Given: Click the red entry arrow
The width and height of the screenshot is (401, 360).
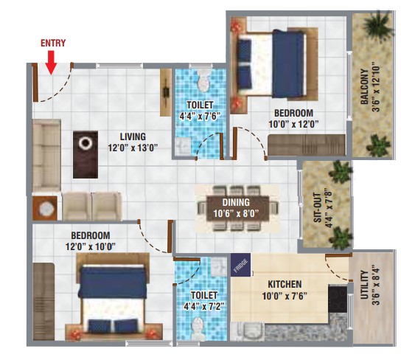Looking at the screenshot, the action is [52, 63].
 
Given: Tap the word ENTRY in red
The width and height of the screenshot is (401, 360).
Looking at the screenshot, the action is [53, 43].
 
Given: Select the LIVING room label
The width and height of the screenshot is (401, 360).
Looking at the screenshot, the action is [133, 136].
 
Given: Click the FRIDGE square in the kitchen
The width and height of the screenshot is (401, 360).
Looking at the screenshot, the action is [240, 265].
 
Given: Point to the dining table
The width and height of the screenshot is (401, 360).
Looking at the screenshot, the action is [237, 209].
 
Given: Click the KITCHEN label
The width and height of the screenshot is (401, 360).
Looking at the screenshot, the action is [285, 284].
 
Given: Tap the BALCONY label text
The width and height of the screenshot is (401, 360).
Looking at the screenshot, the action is [364, 87].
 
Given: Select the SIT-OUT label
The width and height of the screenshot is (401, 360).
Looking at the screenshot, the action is [317, 207].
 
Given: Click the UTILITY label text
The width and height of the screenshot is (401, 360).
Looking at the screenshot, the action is [364, 285].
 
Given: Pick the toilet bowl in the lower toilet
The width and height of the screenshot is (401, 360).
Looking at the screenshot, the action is [198, 329].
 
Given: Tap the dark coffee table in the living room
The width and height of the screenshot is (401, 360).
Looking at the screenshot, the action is [86, 155].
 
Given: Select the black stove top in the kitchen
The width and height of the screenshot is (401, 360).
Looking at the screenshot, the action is [338, 299].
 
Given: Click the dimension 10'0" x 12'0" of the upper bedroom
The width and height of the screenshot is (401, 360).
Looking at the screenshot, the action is [293, 125].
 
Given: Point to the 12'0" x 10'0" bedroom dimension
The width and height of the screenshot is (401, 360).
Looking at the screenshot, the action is [91, 247].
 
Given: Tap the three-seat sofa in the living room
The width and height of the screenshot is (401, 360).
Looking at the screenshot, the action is [46, 156].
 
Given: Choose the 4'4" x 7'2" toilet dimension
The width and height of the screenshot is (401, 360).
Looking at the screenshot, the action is [204, 306].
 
